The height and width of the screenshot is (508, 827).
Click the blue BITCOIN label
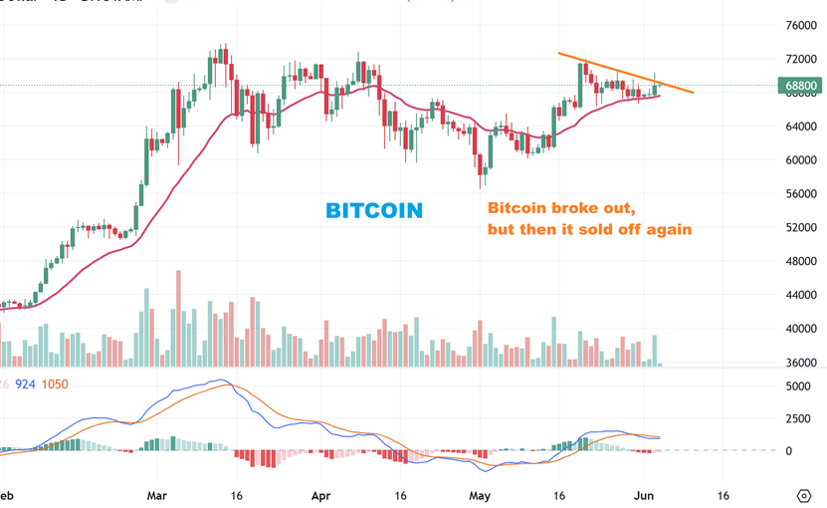pyautogui.click(x=374, y=210)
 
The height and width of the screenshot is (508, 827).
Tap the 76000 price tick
pyautogui.click(x=801, y=26)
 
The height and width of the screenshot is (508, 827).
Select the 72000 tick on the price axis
pyautogui.click(x=801, y=60)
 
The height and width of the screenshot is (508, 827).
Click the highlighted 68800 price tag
pyautogui.click(x=801, y=87)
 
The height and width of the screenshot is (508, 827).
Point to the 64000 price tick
pyautogui.click(x=801, y=127)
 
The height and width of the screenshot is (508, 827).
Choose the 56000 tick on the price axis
pyautogui.click(x=801, y=194)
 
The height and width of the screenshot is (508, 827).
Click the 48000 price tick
pyautogui.click(x=801, y=261)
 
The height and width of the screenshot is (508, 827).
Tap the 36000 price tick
pyautogui.click(x=801, y=363)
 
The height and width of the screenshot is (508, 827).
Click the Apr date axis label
pyautogui.click(x=320, y=494)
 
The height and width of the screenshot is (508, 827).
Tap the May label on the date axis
pyautogui.click(x=481, y=494)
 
